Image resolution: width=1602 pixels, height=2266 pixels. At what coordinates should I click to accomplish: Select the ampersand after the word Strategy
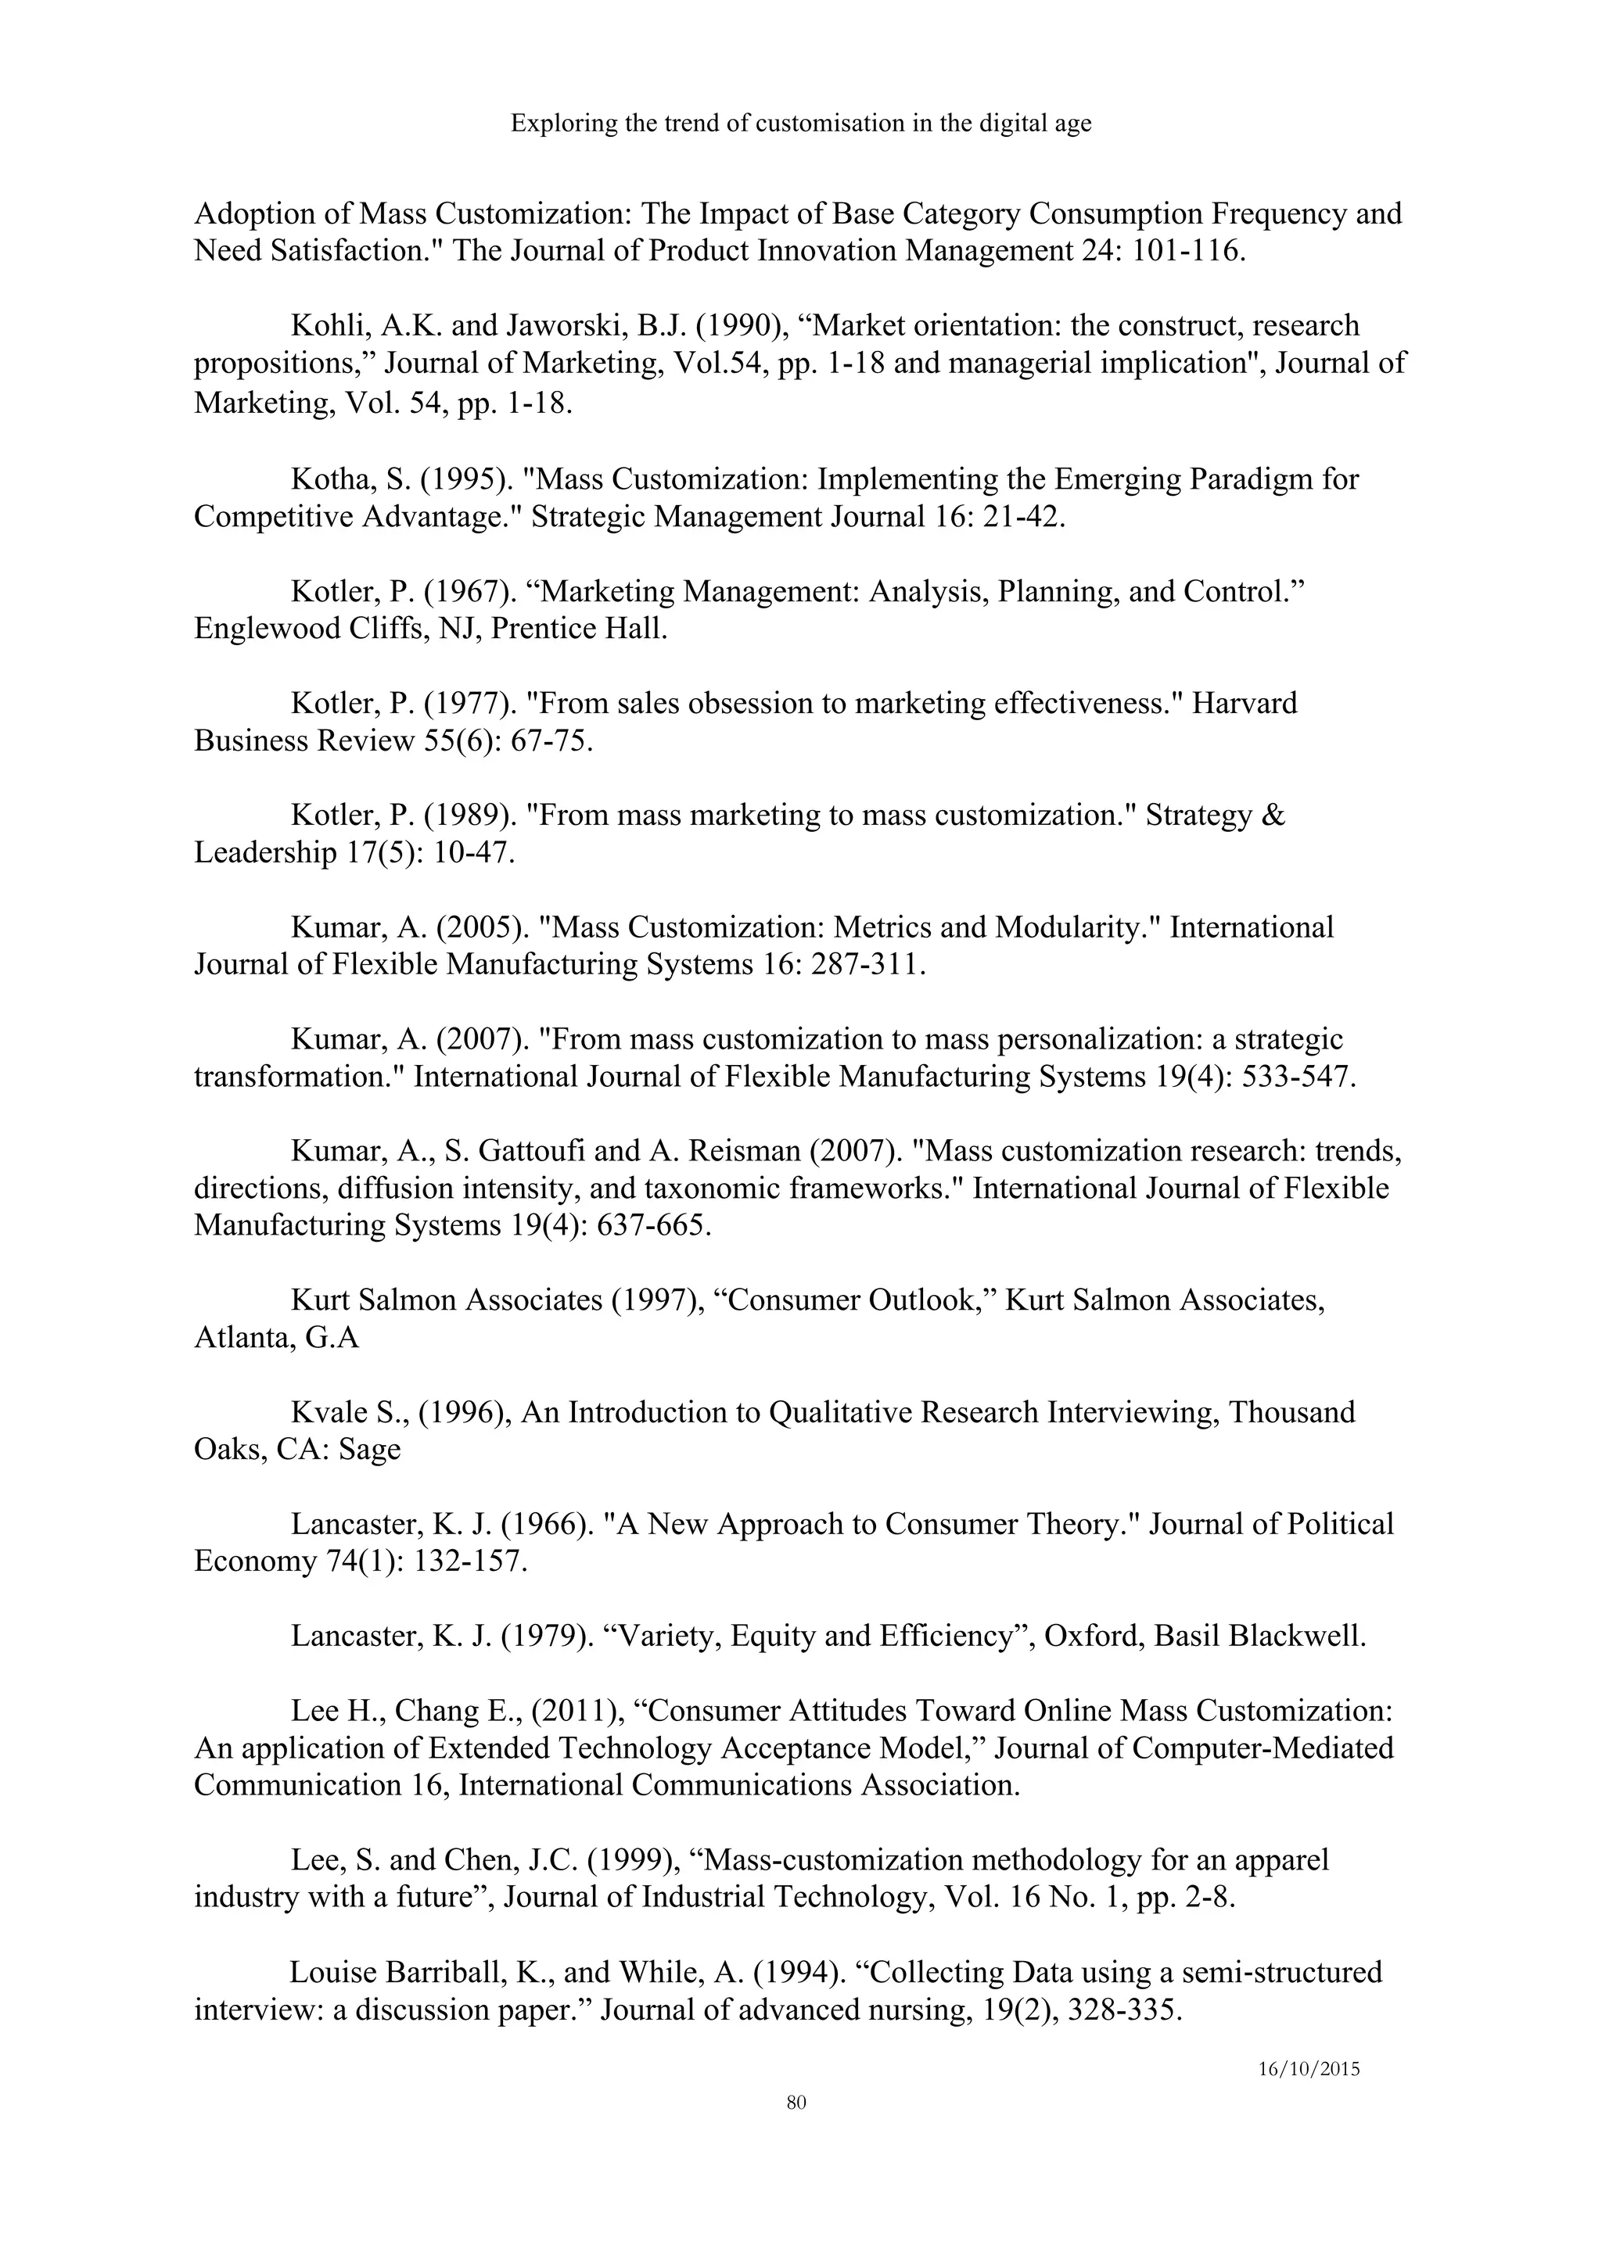[1273, 816]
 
